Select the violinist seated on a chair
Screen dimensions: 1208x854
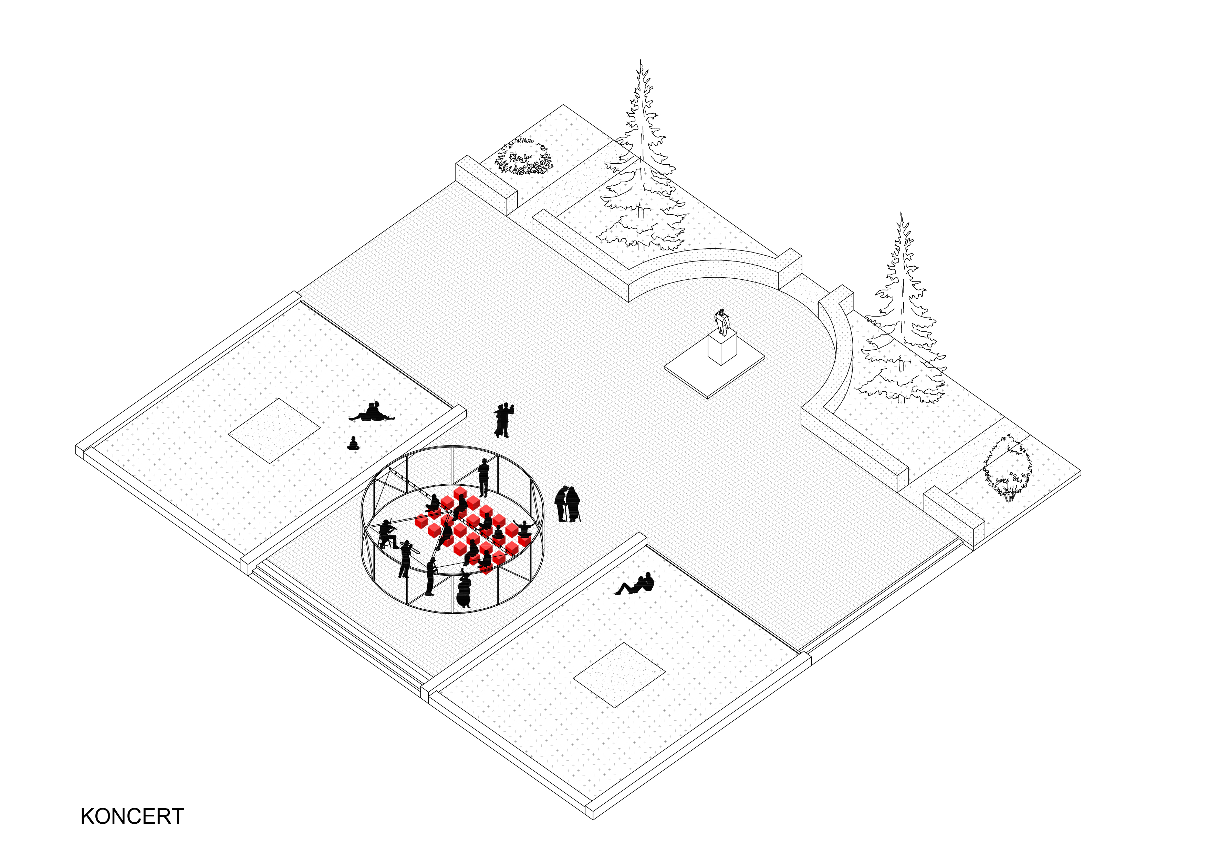(x=388, y=534)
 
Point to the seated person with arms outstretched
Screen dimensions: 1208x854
(x=523, y=528)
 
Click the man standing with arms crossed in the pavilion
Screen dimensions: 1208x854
(x=483, y=477)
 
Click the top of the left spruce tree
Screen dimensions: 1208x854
(x=640, y=60)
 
